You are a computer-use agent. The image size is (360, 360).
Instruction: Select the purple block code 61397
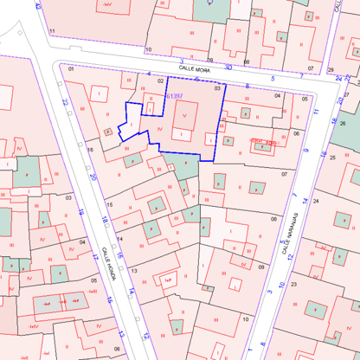173,96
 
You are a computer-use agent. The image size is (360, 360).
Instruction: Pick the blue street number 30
228,66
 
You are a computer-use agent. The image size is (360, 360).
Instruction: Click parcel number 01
70,67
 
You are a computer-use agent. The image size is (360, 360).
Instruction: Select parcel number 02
160,79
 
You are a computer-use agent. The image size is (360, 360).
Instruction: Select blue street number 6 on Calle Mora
247,85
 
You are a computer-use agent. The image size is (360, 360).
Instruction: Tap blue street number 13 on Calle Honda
122,332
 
